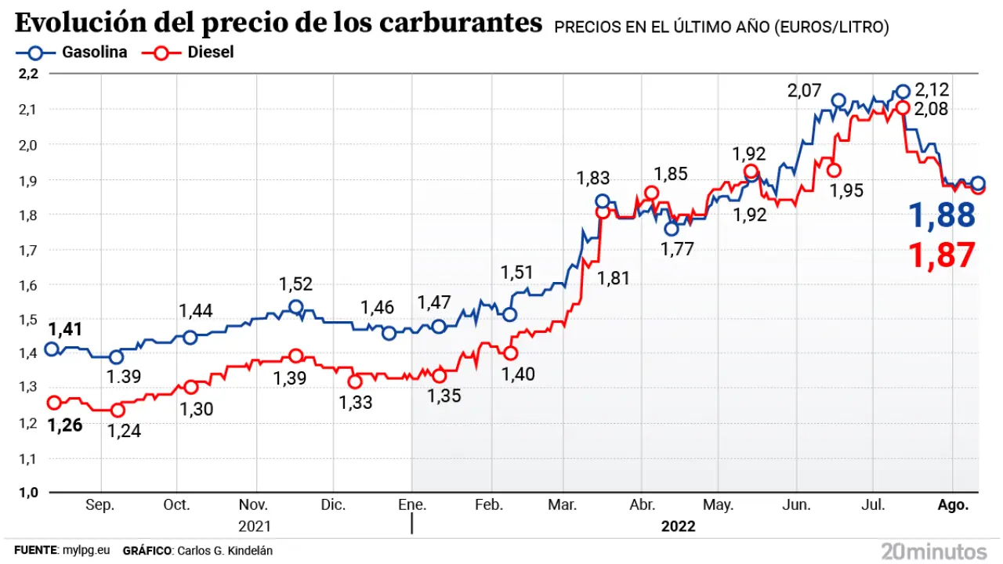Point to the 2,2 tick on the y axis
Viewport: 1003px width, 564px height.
tap(27, 74)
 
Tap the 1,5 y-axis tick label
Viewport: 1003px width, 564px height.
tap(27, 319)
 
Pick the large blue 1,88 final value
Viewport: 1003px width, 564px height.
tap(941, 215)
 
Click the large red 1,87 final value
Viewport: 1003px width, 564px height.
tap(941, 255)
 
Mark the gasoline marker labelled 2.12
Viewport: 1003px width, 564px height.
tap(903, 92)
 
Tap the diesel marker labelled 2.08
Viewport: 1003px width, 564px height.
tap(903, 108)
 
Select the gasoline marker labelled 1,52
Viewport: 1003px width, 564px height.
tap(295, 307)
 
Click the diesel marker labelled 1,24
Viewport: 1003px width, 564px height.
tap(118, 410)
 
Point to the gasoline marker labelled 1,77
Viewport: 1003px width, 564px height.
tap(671, 229)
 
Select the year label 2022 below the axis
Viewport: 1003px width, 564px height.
tap(678, 526)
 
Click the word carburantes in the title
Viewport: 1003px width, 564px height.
tap(463, 23)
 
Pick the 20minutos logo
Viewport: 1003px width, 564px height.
tap(933, 550)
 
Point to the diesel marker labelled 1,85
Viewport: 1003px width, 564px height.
tap(651, 193)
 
